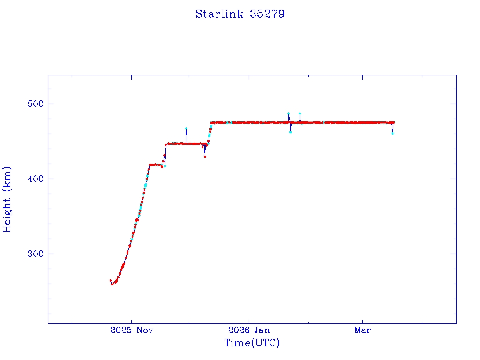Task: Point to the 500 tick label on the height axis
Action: pyautogui.click(x=34, y=104)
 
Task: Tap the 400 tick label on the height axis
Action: pyautogui.click(x=34, y=179)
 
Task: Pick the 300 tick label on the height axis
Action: pyautogui.click(x=34, y=254)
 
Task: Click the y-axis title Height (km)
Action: pyautogui.click(x=7, y=199)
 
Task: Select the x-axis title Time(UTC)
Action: pyautogui.click(x=252, y=343)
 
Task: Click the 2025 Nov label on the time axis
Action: pyautogui.click(x=132, y=330)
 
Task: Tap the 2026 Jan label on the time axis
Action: pyautogui.click(x=249, y=330)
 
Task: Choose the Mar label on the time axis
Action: pyautogui.click(x=363, y=330)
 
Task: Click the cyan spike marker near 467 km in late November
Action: pyautogui.click(x=186, y=128)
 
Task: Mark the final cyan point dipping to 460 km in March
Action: pyautogui.click(x=392, y=134)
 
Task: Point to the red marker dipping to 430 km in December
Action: pyautogui.click(x=205, y=156)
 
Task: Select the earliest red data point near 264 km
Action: pyautogui.click(x=110, y=281)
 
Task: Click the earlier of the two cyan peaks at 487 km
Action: pyautogui.click(x=288, y=113)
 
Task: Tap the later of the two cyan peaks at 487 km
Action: pyautogui.click(x=300, y=113)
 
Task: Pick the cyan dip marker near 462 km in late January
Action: pyautogui.click(x=290, y=132)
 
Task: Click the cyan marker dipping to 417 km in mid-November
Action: pyautogui.click(x=165, y=166)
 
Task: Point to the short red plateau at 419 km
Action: pyautogui.click(x=155, y=165)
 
